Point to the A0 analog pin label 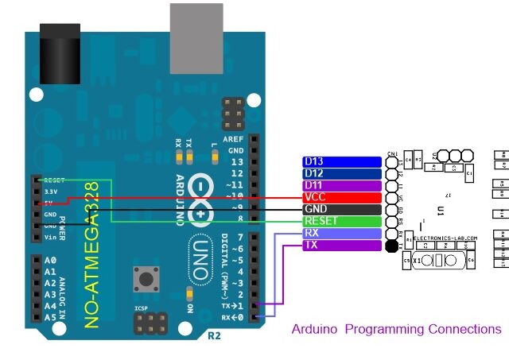pyautogui.click(x=50, y=261)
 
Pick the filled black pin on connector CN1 pyautogui.click(x=391, y=246)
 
